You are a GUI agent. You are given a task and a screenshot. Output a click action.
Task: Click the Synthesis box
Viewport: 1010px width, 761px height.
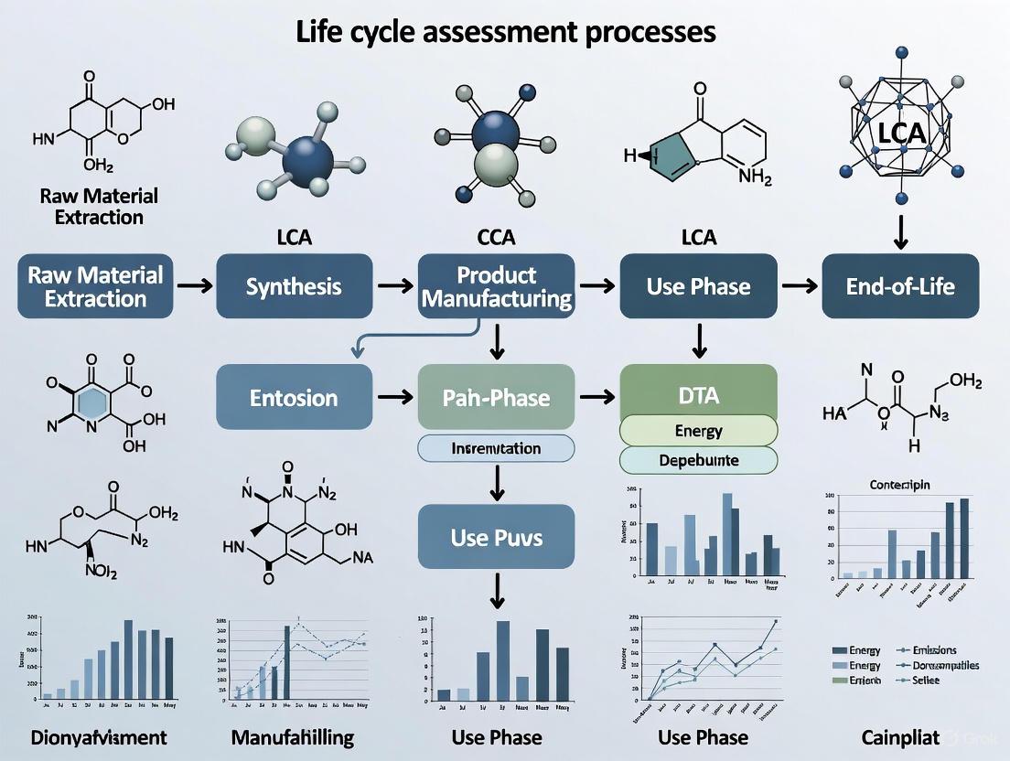[x=294, y=286]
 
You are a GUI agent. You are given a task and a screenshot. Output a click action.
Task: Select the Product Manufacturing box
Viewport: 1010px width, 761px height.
[x=497, y=286]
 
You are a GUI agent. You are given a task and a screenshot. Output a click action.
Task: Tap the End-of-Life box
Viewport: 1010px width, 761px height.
[x=900, y=286]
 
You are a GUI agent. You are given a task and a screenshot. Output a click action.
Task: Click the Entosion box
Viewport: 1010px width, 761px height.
[x=294, y=397]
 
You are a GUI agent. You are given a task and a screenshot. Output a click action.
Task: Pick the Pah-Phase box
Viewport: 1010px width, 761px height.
[x=497, y=397]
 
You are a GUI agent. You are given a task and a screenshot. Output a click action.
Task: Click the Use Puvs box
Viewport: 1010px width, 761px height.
[x=497, y=536]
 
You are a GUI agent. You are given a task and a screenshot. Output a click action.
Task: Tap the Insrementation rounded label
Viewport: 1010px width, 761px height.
[x=497, y=448]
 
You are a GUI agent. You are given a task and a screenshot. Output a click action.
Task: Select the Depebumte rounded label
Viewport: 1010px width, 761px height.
[x=699, y=460]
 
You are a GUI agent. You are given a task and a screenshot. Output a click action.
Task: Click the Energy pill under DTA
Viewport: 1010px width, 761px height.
[x=699, y=430]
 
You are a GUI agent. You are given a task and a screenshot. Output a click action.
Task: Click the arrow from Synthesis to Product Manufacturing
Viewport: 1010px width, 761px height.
[x=394, y=286]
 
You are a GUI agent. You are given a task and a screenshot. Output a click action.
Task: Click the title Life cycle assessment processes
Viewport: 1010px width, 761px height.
[x=505, y=31]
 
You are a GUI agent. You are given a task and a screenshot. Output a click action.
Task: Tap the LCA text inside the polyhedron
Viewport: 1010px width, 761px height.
[x=901, y=132]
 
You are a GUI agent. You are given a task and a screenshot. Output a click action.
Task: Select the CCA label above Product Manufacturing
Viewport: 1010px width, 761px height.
[x=497, y=238]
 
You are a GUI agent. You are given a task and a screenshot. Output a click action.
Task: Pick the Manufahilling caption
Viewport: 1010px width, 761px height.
[x=294, y=736]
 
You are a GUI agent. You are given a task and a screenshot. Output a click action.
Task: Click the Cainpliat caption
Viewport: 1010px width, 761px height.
[x=901, y=736]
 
